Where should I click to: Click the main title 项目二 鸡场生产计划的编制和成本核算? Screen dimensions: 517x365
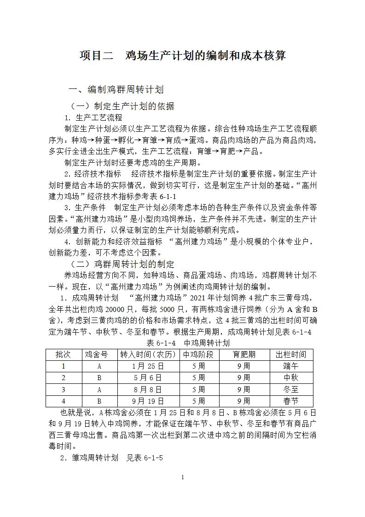183,56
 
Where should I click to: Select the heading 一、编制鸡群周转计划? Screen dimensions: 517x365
116,89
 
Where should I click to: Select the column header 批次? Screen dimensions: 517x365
64,354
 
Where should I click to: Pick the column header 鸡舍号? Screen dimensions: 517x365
99,354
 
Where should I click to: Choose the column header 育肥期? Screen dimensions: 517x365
243,354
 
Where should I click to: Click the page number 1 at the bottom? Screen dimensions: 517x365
183,477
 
